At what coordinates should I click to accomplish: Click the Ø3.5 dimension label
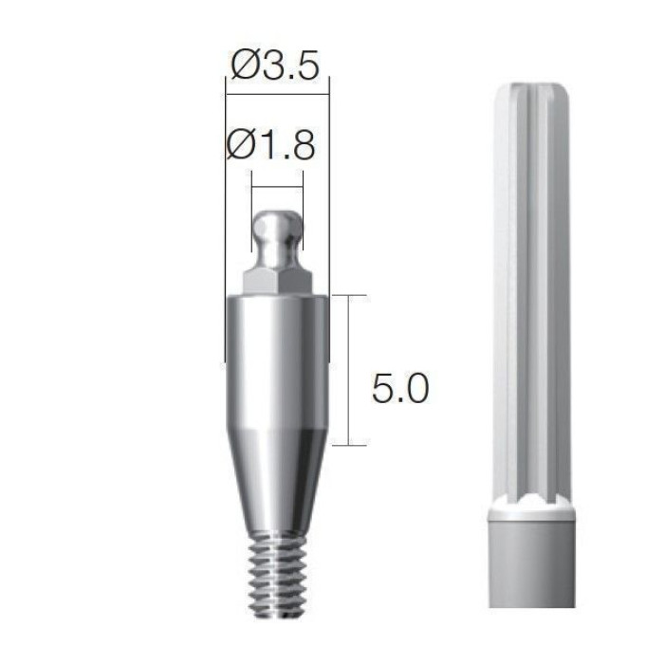(274, 66)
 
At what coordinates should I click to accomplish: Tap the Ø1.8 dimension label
(271, 145)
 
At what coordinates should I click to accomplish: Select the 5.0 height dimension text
(400, 387)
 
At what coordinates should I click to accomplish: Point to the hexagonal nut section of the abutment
(277, 283)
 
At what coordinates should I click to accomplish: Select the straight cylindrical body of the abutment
(277, 363)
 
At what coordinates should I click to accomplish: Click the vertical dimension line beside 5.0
(349, 370)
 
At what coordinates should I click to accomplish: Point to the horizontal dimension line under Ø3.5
(277, 94)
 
